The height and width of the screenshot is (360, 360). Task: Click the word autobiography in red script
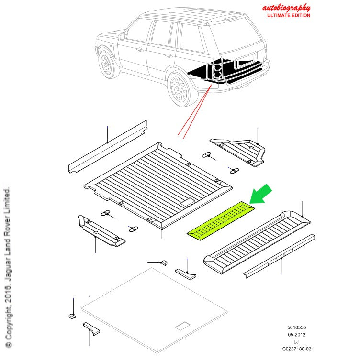coord(286,8)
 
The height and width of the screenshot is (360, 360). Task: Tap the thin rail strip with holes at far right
coord(280,256)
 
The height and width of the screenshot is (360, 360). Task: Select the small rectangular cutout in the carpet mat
coord(183,327)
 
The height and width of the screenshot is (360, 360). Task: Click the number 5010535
coord(296,327)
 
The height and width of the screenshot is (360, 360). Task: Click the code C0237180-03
coord(296,349)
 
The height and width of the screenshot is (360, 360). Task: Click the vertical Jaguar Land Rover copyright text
coord(7,268)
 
